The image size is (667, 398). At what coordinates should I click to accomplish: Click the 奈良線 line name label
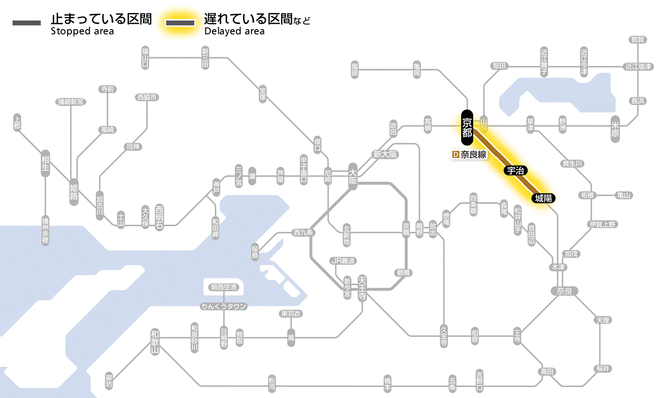click(473, 155)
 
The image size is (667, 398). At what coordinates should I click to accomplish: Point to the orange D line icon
click(455, 155)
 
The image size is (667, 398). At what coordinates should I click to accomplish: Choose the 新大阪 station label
click(385, 154)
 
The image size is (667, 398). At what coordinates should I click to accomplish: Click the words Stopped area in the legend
click(82, 31)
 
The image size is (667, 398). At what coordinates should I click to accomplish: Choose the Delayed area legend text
click(234, 31)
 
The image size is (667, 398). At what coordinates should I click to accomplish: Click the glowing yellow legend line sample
click(180, 23)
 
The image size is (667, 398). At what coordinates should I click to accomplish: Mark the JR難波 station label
click(344, 261)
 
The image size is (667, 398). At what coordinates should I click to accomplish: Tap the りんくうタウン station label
click(224, 306)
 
